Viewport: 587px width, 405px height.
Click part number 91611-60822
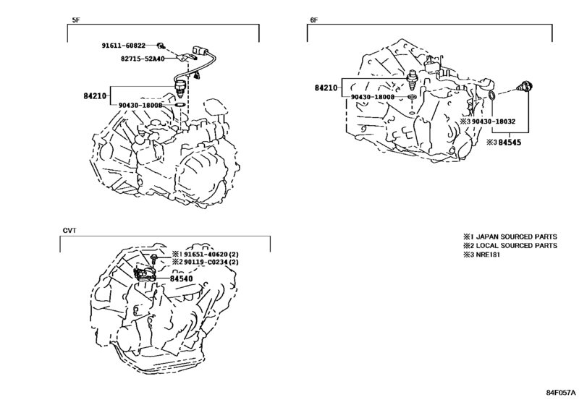tap(124, 46)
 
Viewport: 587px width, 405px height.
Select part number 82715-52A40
tap(143, 59)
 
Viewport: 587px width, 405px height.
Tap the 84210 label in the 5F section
tap(95, 96)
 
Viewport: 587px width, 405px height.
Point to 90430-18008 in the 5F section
tap(140, 106)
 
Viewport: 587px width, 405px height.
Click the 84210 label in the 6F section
tap(326, 88)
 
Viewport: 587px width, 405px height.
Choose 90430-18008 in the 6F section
tap(373, 97)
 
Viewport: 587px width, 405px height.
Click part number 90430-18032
tap(494, 121)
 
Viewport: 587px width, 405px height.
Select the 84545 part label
tap(510, 142)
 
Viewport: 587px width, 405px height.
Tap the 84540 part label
tap(182, 278)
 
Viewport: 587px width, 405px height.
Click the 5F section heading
tap(75, 20)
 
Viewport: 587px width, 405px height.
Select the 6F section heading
tap(313, 20)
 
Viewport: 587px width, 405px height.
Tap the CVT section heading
tap(69, 231)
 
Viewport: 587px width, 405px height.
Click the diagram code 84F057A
tap(560, 393)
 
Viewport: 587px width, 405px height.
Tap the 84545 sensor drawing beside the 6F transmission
tap(523, 87)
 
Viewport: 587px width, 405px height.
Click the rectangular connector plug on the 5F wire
tap(198, 51)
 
